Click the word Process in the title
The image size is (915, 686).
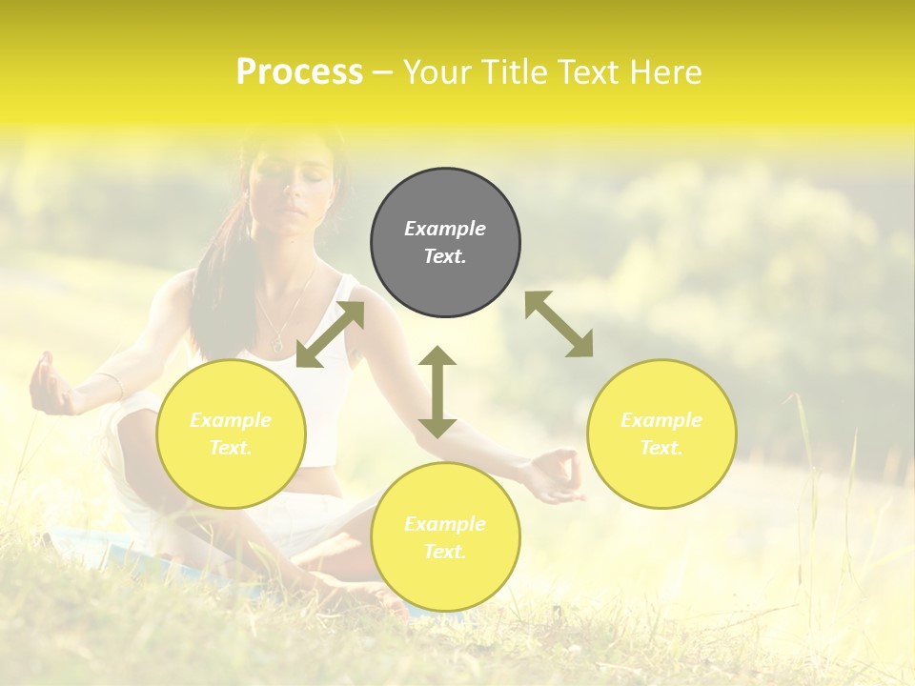tap(299, 72)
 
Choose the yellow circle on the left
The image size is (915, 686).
tap(231, 434)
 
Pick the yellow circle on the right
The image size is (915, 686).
tap(661, 434)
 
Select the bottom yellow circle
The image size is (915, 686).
tap(445, 537)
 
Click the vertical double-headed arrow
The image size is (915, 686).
tap(437, 392)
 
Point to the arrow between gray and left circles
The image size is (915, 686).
tap(330, 334)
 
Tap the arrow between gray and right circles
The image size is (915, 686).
tap(559, 324)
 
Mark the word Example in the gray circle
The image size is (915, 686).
tap(445, 229)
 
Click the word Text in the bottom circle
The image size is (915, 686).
tap(443, 552)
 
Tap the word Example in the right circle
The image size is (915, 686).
tap(661, 420)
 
